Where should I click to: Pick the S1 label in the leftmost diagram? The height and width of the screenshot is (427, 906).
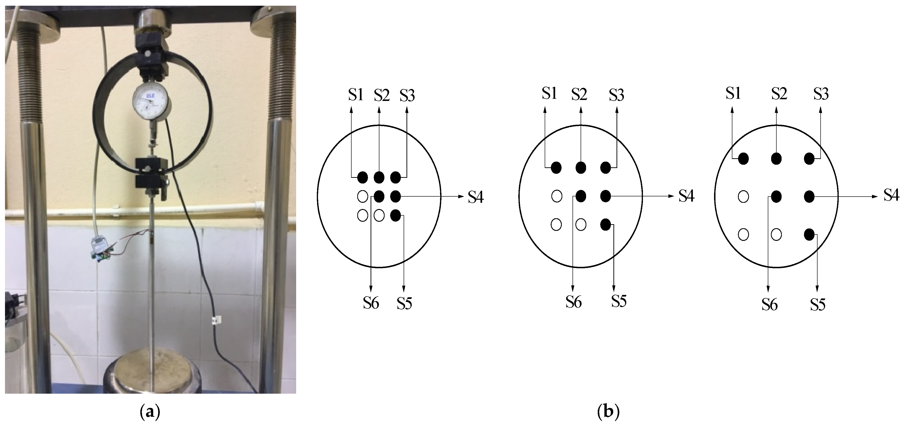(356, 95)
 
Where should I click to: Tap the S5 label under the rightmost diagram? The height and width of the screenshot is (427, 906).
(818, 304)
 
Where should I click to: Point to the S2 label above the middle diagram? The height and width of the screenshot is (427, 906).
(579, 94)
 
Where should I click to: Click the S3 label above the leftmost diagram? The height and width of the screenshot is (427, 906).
(407, 95)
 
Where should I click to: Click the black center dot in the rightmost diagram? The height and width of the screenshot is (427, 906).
(776, 196)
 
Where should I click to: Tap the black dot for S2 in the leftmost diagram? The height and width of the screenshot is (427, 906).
(379, 177)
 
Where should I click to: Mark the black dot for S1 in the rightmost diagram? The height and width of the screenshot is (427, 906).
(743, 159)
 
